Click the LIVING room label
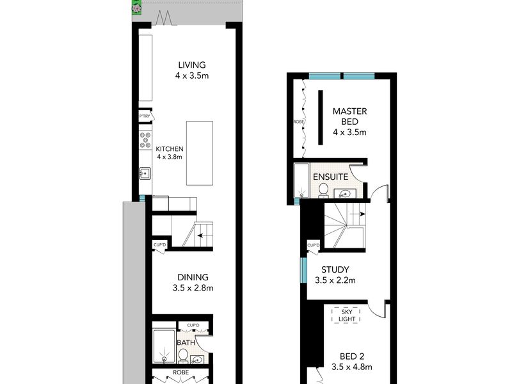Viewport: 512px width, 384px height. tap(192, 65)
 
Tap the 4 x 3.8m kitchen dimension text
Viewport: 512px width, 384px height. tap(170, 157)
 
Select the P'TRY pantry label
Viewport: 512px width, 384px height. tap(145, 116)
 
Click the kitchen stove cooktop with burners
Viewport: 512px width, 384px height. tap(145, 140)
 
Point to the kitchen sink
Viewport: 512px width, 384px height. tap(145, 173)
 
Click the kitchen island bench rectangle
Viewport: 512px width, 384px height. tap(200, 153)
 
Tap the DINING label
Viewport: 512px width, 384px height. tap(193, 277)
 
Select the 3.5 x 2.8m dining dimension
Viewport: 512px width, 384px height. tap(193, 288)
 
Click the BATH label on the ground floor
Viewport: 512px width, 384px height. tap(186, 342)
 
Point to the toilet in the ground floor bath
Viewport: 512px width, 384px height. tap(183, 356)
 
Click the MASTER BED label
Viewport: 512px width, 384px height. tap(349, 116)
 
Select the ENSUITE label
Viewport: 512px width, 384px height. tap(330, 177)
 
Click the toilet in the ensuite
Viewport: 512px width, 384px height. tap(323, 190)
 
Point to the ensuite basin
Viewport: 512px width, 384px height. tap(344, 195)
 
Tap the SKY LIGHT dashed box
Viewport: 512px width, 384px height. tap(346, 316)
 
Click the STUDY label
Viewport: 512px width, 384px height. tap(335, 269)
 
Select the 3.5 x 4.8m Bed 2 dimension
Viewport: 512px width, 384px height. tap(351, 367)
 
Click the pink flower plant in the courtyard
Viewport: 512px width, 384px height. tap(137, 7)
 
